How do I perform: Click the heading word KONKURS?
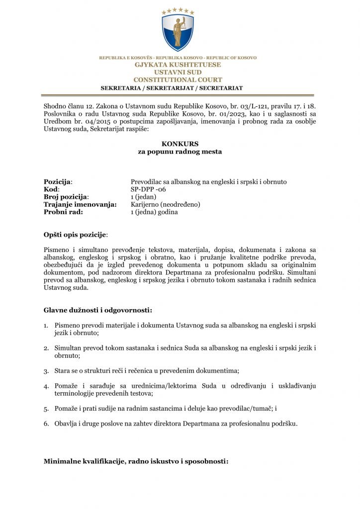click(x=180, y=144)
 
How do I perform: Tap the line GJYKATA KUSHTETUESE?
click(x=178, y=65)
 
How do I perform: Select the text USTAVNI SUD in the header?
click(x=178, y=73)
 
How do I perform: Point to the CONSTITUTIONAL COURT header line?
click(x=178, y=80)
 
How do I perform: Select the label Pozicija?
click(x=58, y=182)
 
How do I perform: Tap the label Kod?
click(x=51, y=189)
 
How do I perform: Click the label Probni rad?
click(x=63, y=212)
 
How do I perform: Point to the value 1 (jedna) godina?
click(x=154, y=212)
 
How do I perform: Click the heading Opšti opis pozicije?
click(x=75, y=234)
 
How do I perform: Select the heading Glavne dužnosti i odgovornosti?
click(x=97, y=311)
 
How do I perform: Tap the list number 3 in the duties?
click(x=46, y=371)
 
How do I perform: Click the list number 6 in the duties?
click(x=46, y=424)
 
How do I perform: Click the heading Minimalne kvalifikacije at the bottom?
click(x=136, y=461)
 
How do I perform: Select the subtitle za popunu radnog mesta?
click(x=180, y=152)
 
